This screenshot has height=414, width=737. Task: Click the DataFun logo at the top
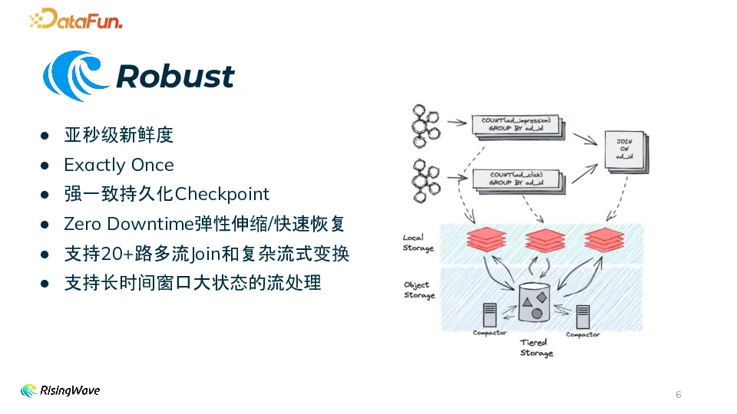pos(76,18)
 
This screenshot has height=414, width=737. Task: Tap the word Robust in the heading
pos(175,77)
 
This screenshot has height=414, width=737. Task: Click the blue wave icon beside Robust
pos(76,76)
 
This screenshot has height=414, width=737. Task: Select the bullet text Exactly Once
pos(119,165)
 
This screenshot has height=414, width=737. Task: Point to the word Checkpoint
pos(223,194)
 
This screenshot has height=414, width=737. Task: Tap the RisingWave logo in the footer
pos(61,391)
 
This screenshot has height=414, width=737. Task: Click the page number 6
pos(678,395)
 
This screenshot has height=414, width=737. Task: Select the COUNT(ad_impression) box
pos(516,125)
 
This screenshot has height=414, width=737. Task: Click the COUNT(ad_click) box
pos(517,179)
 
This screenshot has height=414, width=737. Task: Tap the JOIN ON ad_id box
pos(623,149)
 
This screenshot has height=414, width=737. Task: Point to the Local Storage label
pos(418,243)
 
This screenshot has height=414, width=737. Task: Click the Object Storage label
pos(419,290)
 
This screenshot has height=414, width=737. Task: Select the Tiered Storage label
pos(535,348)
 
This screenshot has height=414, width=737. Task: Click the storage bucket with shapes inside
pos(535,302)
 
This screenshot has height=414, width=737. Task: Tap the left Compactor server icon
pos(489,314)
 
